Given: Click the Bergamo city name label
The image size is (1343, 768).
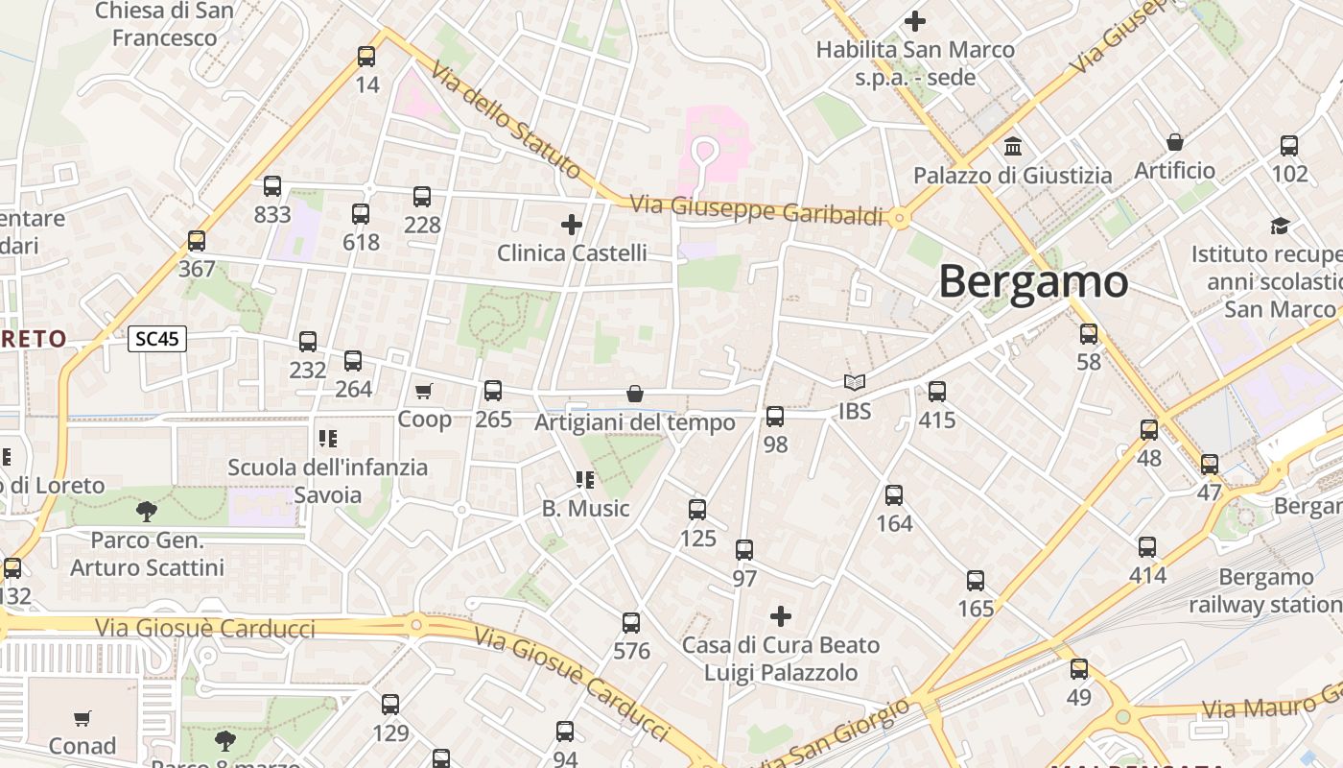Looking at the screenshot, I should coord(1033,281).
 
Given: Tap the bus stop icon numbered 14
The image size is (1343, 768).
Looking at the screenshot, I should coord(366,57).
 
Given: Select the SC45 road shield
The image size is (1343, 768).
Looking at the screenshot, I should coord(157,339).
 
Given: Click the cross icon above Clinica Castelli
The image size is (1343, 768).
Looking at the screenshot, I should coord(572,225).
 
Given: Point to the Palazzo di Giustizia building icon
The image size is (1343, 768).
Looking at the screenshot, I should coord(1012,147).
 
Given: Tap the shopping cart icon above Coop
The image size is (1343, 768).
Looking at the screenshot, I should coord(423,391).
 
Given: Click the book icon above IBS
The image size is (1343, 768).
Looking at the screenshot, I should coord(854,382).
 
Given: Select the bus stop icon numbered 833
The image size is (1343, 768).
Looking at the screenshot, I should coord(272,186).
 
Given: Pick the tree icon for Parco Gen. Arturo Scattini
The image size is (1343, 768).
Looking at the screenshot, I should coord(147,511).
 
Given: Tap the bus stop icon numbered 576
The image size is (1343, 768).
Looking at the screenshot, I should coord(630,623).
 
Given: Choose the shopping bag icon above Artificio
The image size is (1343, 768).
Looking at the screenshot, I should coord(1174,143).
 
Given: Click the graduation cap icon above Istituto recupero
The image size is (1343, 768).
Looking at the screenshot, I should coord(1280,227).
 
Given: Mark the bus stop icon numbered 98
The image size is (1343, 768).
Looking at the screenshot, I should coord(775,417).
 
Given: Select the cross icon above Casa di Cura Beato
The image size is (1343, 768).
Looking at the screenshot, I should coord(781,615).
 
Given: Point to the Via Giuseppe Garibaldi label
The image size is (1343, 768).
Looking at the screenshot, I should coord(756,210).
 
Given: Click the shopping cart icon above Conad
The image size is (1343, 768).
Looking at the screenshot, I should coord(82,718).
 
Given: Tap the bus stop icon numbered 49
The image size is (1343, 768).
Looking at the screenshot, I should coord(1079,669).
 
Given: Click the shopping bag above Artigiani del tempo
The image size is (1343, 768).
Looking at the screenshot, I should coord(634,394).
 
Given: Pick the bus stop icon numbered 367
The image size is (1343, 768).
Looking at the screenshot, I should coord(197,241).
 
